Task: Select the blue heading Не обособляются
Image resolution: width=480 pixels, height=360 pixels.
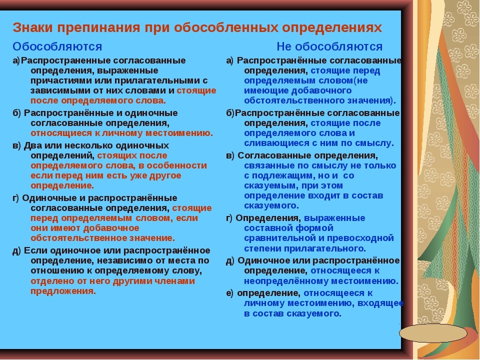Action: coord(329,46)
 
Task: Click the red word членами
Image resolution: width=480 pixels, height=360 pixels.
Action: coord(177,281)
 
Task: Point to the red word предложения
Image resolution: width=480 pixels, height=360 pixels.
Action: coord(63,291)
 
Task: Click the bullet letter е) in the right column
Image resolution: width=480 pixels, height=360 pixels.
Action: coord(230,293)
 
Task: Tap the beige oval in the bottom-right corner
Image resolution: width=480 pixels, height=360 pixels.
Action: coord(433,333)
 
